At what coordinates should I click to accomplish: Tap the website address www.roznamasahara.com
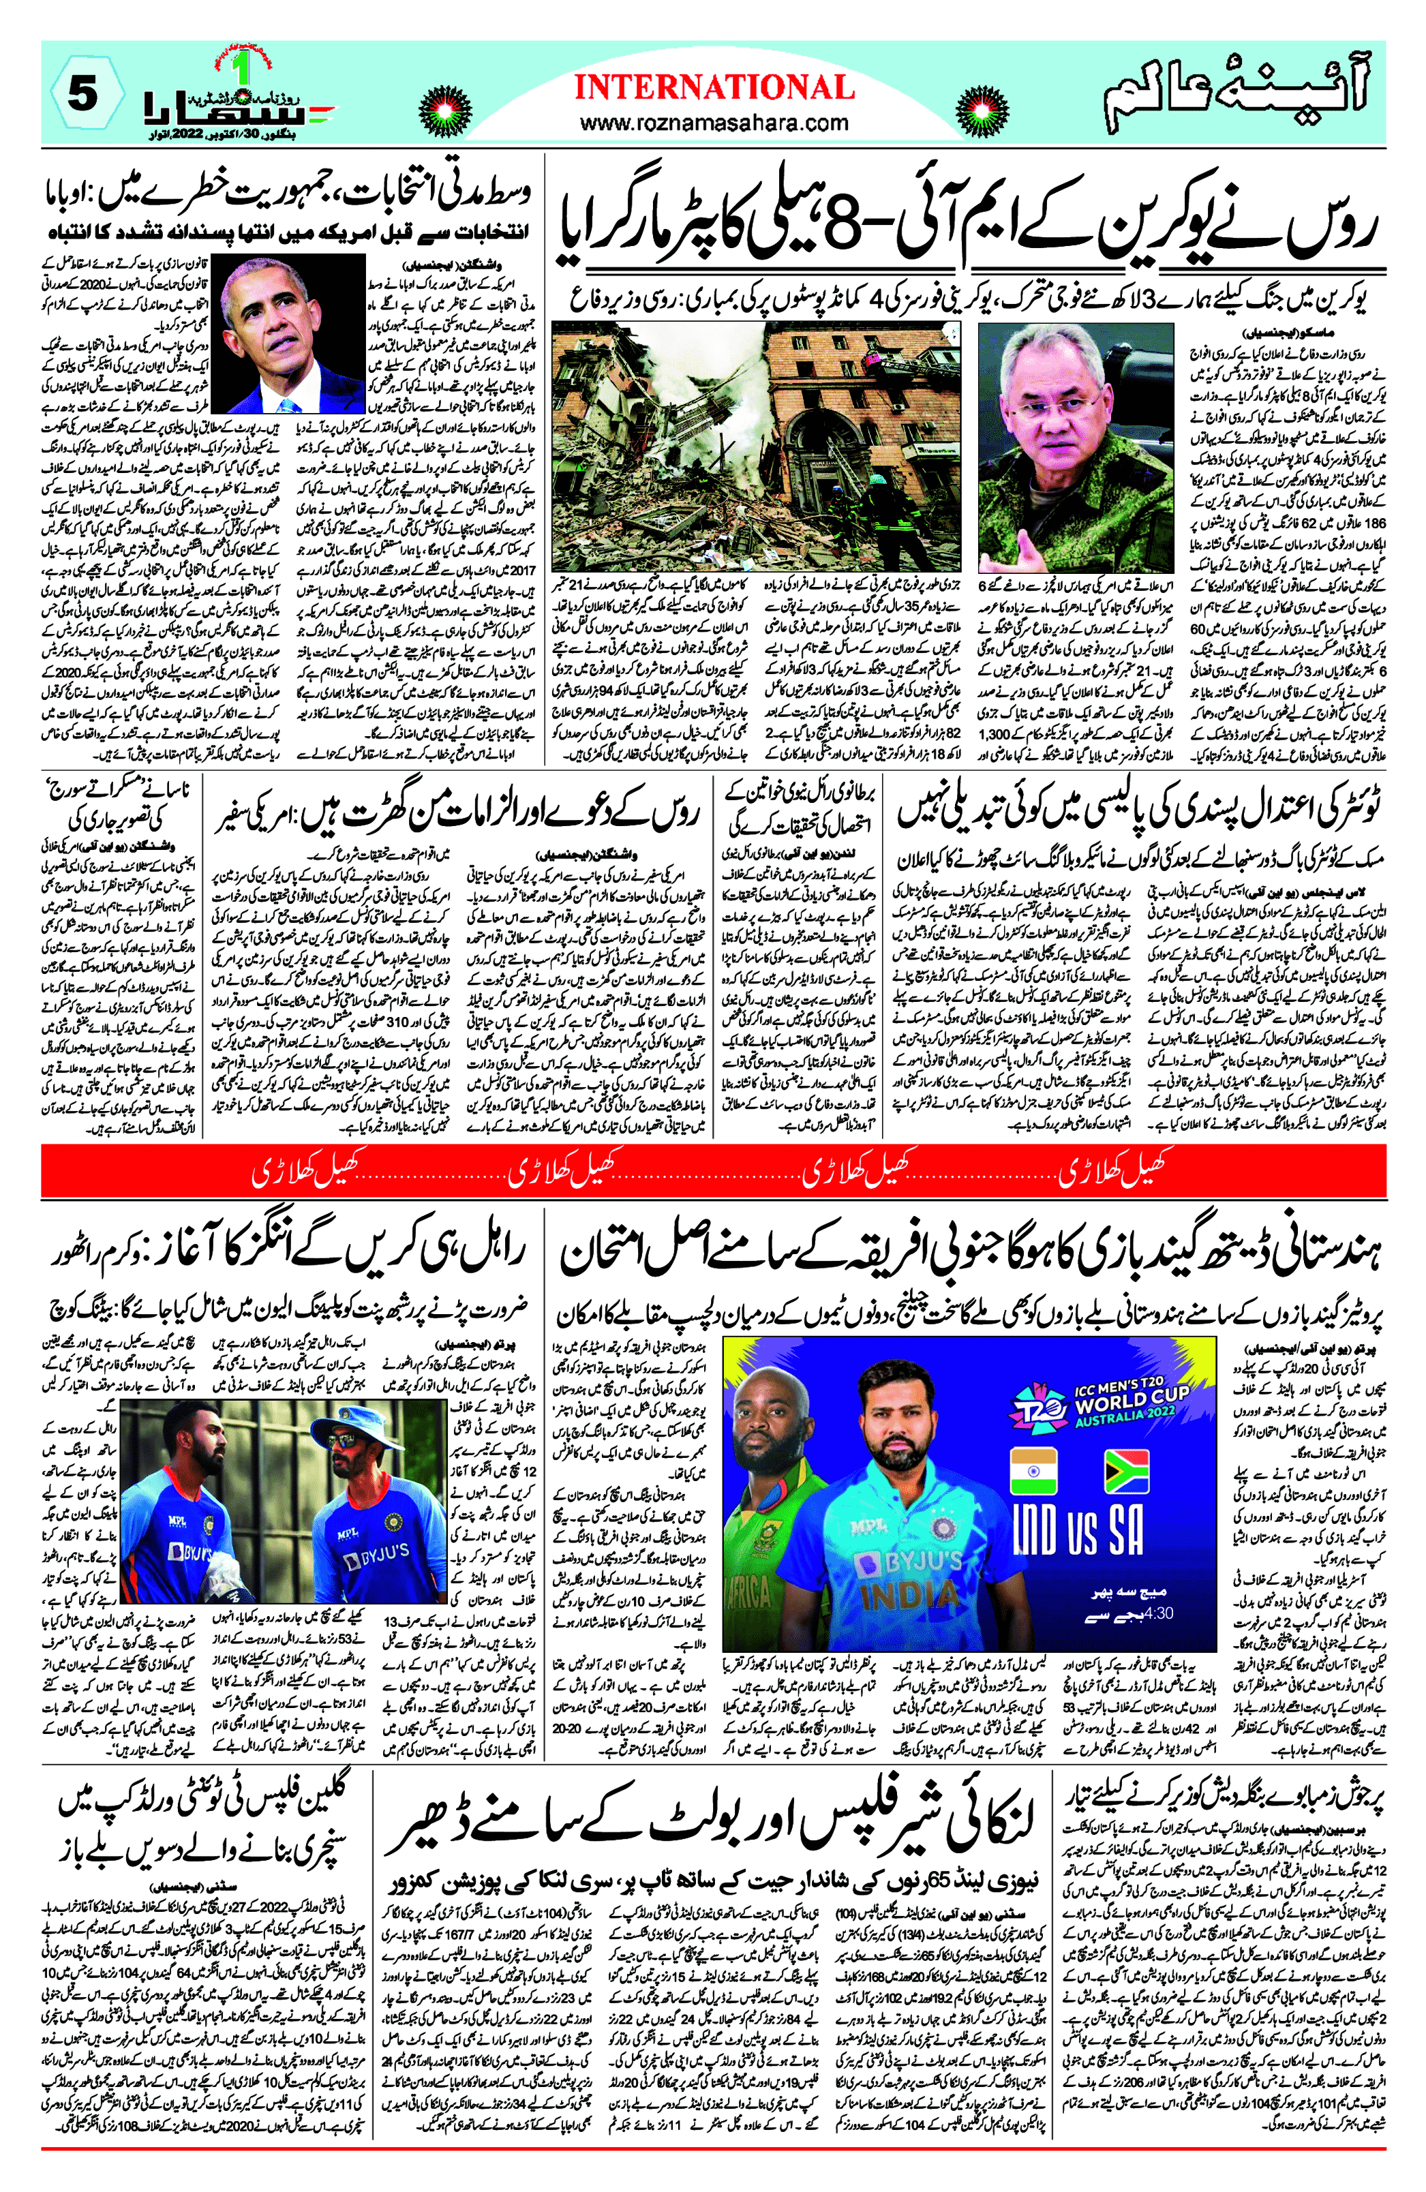714,123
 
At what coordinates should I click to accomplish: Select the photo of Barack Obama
288,333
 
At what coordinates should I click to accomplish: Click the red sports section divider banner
713,1176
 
